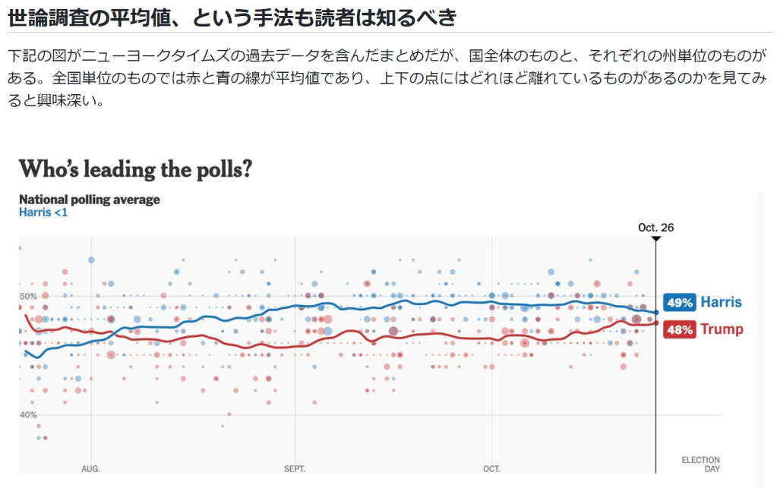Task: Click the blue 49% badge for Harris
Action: (680, 303)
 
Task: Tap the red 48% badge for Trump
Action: (680, 329)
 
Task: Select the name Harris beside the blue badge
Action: (721, 302)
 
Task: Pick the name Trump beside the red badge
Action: (722, 329)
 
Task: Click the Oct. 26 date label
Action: (656, 227)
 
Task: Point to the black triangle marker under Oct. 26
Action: (656, 239)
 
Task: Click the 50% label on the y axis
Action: (28, 296)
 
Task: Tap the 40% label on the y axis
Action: (28, 414)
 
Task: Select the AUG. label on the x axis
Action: (91, 469)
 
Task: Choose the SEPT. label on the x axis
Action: (295, 469)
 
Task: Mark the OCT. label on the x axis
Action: (491, 469)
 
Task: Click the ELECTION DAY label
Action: (700, 464)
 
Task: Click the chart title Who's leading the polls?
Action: (135, 168)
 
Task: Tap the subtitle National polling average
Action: (90, 200)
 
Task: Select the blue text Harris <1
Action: (43, 213)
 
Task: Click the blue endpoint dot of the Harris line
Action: (656, 313)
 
